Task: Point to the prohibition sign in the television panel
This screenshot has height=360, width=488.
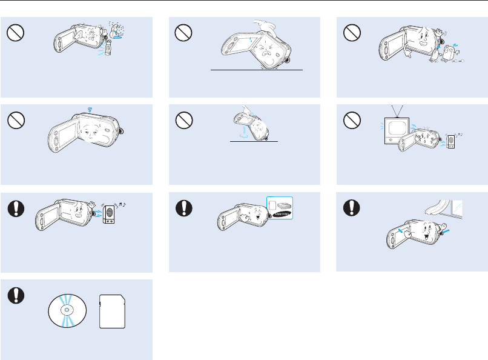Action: tap(349, 121)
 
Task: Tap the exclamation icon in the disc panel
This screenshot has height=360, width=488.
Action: tap(14, 294)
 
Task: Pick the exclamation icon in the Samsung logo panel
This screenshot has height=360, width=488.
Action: tap(182, 207)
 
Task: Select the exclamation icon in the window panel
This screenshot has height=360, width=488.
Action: tap(349, 207)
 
